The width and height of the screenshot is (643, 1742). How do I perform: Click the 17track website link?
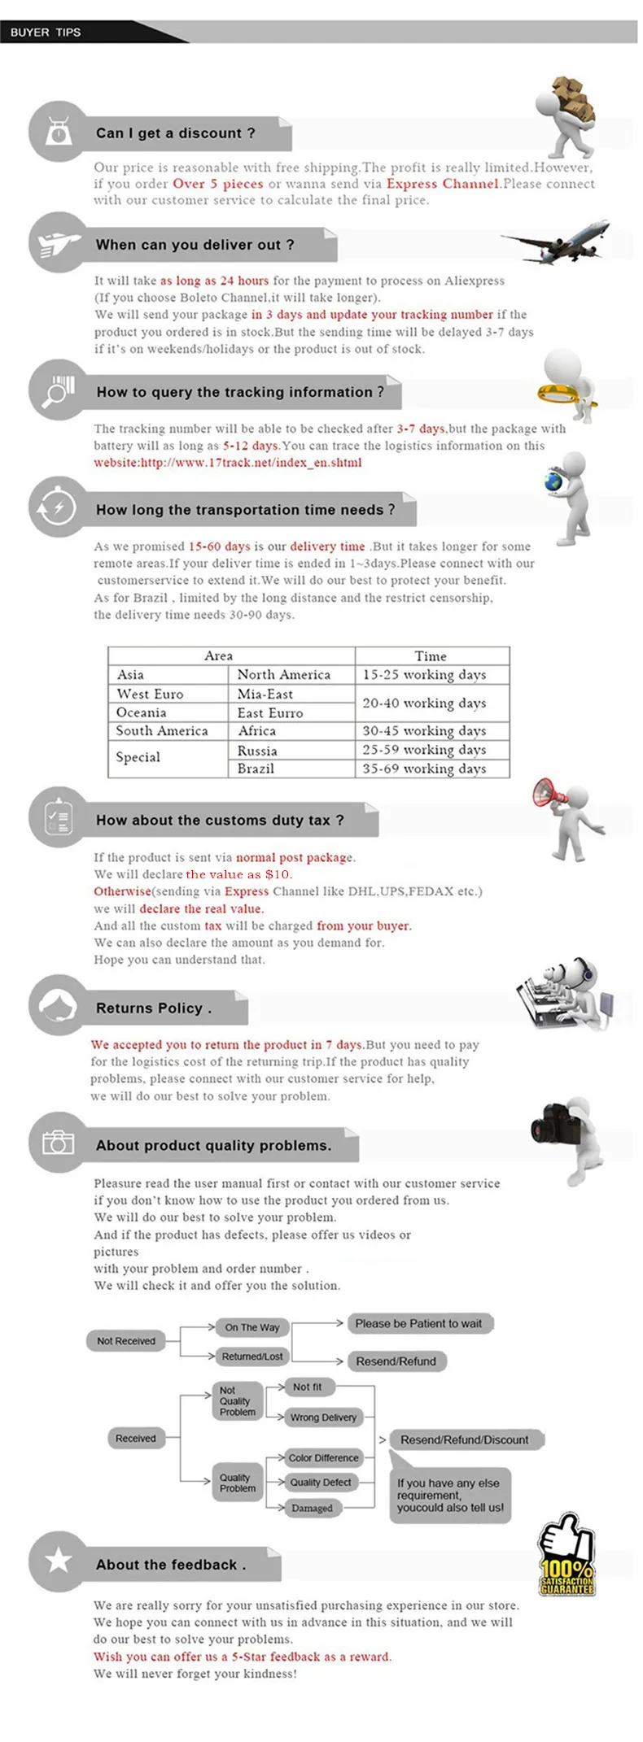pos(228,463)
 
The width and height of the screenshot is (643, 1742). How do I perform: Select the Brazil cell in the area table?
pos(256,769)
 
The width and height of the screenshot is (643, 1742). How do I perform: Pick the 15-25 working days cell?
pos(424,674)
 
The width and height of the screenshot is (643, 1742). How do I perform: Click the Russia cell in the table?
pos(257,751)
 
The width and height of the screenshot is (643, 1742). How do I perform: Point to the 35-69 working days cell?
pos(424,769)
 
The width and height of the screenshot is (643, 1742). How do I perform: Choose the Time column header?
pos(431,655)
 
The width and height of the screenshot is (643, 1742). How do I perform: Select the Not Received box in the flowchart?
pos(126,1341)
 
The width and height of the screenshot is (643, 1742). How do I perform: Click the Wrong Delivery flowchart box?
pos(323,1418)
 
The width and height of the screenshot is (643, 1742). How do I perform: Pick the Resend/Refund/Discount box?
pos(464,1439)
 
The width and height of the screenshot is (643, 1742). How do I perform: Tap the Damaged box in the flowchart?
pos(312,1508)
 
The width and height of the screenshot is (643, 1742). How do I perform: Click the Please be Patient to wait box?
pos(418,1323)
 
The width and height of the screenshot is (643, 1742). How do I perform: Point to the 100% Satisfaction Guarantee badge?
pos(567,1558)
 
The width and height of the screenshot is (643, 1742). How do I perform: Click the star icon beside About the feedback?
pos(58,1560)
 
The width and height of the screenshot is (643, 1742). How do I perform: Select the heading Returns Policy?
pos(154,1008)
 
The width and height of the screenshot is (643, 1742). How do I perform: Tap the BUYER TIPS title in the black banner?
pos(46,33)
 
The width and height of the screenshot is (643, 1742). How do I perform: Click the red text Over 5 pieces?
pos(218,184)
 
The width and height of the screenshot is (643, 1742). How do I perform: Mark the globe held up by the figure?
pos(554,481)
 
